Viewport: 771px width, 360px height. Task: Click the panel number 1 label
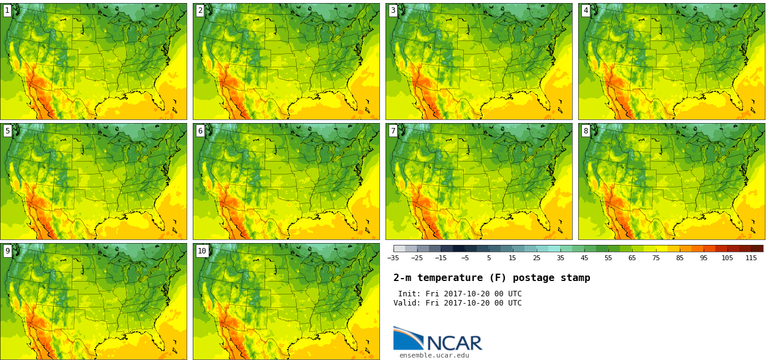click(x=7, y=10)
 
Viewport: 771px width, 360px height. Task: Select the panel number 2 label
click(x=200, y=10)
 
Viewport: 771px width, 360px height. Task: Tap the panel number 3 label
click(x=393, y=10)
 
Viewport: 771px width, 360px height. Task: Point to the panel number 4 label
click(x=586, y=10)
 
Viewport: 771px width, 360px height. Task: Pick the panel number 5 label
click(x=7, y=130)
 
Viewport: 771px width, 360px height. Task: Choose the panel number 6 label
click(x=200, y=130)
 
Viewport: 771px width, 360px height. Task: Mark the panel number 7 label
click(x=393, y=130)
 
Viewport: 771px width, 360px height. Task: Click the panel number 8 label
click(x=586, y=130)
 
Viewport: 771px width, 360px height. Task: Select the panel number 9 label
click(x=7, y=251)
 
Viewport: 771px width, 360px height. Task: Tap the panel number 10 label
click(x=202, y=251)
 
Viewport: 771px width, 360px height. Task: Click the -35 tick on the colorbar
click(x=393, y=258)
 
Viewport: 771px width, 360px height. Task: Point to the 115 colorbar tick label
click(x=751, y=258)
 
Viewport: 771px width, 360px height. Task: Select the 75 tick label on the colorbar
click(x=656, y=258)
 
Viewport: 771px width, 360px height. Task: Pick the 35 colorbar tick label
click(x=561, y=258)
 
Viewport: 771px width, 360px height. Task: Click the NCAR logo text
click(x=455, y=343)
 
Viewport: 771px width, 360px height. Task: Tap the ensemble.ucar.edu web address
click(x=434, y=355)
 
